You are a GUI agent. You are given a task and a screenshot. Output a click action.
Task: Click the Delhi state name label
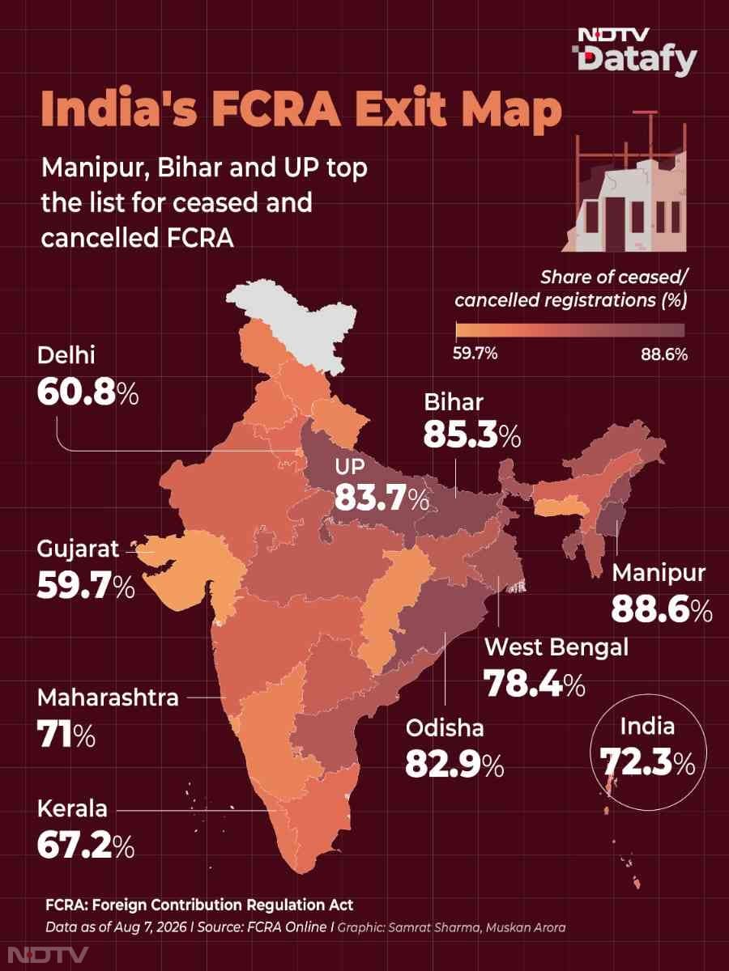point(66,356)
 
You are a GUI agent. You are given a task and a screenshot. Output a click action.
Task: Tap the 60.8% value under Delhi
point(88,393)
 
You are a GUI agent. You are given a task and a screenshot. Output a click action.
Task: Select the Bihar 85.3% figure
point(472,435)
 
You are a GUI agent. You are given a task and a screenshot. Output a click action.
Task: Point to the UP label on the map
point(350,466)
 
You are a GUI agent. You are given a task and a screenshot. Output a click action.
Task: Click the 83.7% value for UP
point(382,497)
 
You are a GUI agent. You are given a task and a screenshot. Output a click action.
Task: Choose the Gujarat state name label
point(78,549)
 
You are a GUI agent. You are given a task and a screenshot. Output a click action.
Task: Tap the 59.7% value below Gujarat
point(86,586)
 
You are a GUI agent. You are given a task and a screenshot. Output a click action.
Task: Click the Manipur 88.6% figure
point(662,610)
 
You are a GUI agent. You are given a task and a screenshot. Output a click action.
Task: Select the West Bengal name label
point(556,647)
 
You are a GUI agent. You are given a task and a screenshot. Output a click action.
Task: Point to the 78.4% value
point(535,684)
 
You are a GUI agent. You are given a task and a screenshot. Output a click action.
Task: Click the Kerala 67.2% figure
point(86,845)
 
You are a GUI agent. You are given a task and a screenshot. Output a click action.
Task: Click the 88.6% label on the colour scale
point(664,354)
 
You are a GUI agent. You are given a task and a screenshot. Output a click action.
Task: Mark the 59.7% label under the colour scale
point(475,354)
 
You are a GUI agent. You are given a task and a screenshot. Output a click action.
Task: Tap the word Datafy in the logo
point(637,60)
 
